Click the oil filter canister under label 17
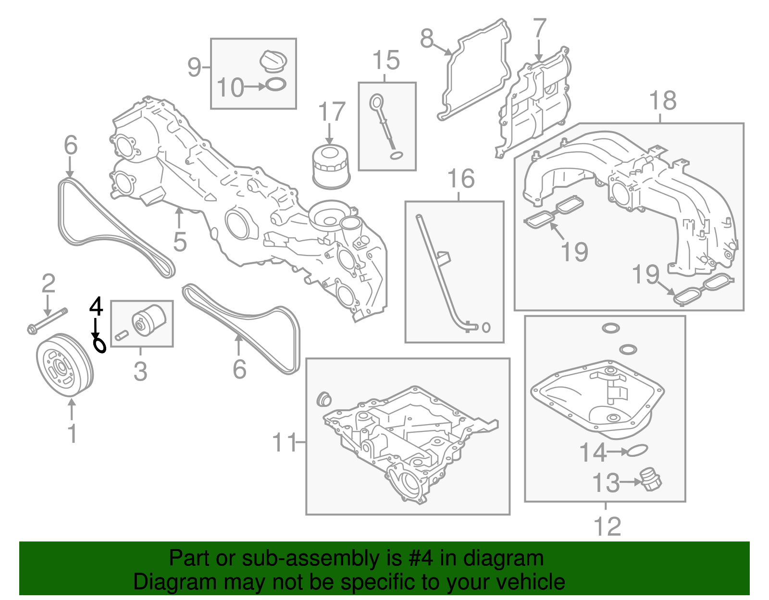[331, 166]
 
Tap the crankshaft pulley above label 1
[65, 365]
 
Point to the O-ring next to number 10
[275, 85]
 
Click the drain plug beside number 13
[650, 480]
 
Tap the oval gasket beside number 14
[637, 451]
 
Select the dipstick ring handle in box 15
[376, 102]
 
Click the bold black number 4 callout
[96, 306]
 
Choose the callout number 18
[663, 100]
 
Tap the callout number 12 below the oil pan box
[608, 527]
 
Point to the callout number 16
[461, 179]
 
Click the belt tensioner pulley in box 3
[149, 320]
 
